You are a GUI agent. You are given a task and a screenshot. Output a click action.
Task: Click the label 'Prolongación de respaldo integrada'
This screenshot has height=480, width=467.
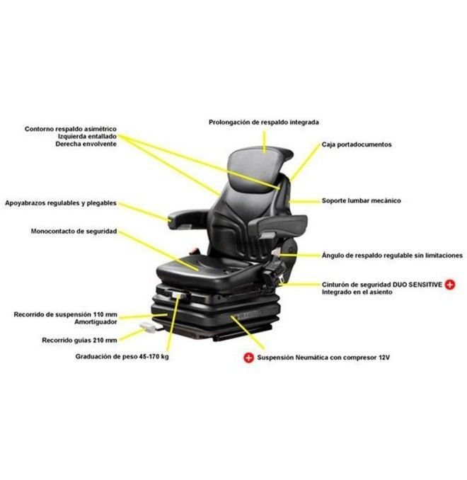[x=263, y=122]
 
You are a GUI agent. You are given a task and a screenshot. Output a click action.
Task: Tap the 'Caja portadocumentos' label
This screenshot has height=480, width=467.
[x=357, y=144]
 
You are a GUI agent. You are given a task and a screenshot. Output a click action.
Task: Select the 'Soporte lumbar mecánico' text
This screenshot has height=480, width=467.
[x=361, y=201]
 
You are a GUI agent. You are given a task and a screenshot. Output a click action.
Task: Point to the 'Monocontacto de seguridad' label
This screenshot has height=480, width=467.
[x=74, y=231]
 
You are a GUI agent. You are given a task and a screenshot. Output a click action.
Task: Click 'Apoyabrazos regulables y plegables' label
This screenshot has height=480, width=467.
[x=61, y=203]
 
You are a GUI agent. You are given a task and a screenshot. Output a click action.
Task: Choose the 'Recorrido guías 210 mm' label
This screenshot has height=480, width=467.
[x=79, y=340]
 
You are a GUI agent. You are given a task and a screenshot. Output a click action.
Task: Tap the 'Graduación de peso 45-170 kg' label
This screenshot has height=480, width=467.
[x=122, y=357]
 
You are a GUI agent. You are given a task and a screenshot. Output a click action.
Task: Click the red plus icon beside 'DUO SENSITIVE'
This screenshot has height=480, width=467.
[x=450, y=285]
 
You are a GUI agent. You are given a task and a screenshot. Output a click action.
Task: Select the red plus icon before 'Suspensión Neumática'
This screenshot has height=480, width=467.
[x=249, y=358]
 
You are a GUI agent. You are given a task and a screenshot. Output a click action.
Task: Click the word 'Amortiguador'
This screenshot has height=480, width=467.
[x=96, y=322]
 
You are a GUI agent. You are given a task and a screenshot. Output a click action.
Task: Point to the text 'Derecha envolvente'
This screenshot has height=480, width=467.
[x=86, y=144]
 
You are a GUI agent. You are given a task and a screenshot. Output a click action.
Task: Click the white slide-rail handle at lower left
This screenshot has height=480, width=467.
[x=148, y=327]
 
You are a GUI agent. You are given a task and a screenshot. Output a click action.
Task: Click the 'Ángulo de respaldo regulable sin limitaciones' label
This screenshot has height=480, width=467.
[x=392, y=256]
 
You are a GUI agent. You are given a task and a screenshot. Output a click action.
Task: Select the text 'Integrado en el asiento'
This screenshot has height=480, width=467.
[x=357, y=292]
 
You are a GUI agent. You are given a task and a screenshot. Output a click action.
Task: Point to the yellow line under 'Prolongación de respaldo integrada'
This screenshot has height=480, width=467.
[x=265, y=141]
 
